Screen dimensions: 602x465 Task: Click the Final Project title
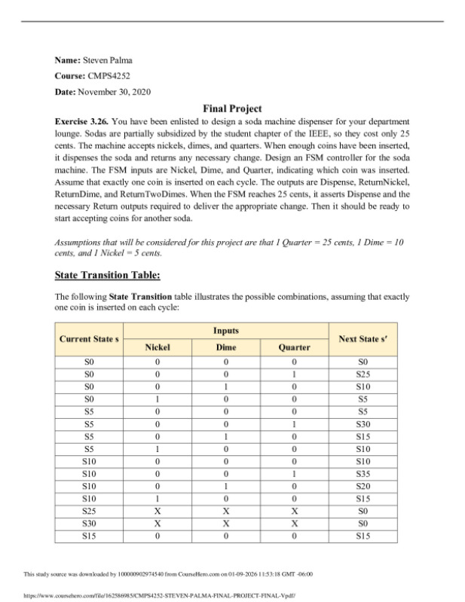tap(232, 108)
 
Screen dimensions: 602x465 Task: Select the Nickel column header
tap(158, 347)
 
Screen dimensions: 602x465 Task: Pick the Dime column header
tap(226, 347)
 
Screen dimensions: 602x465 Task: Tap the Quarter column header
tap(294, 347)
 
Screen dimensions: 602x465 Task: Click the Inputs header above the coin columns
tap(226, 331)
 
